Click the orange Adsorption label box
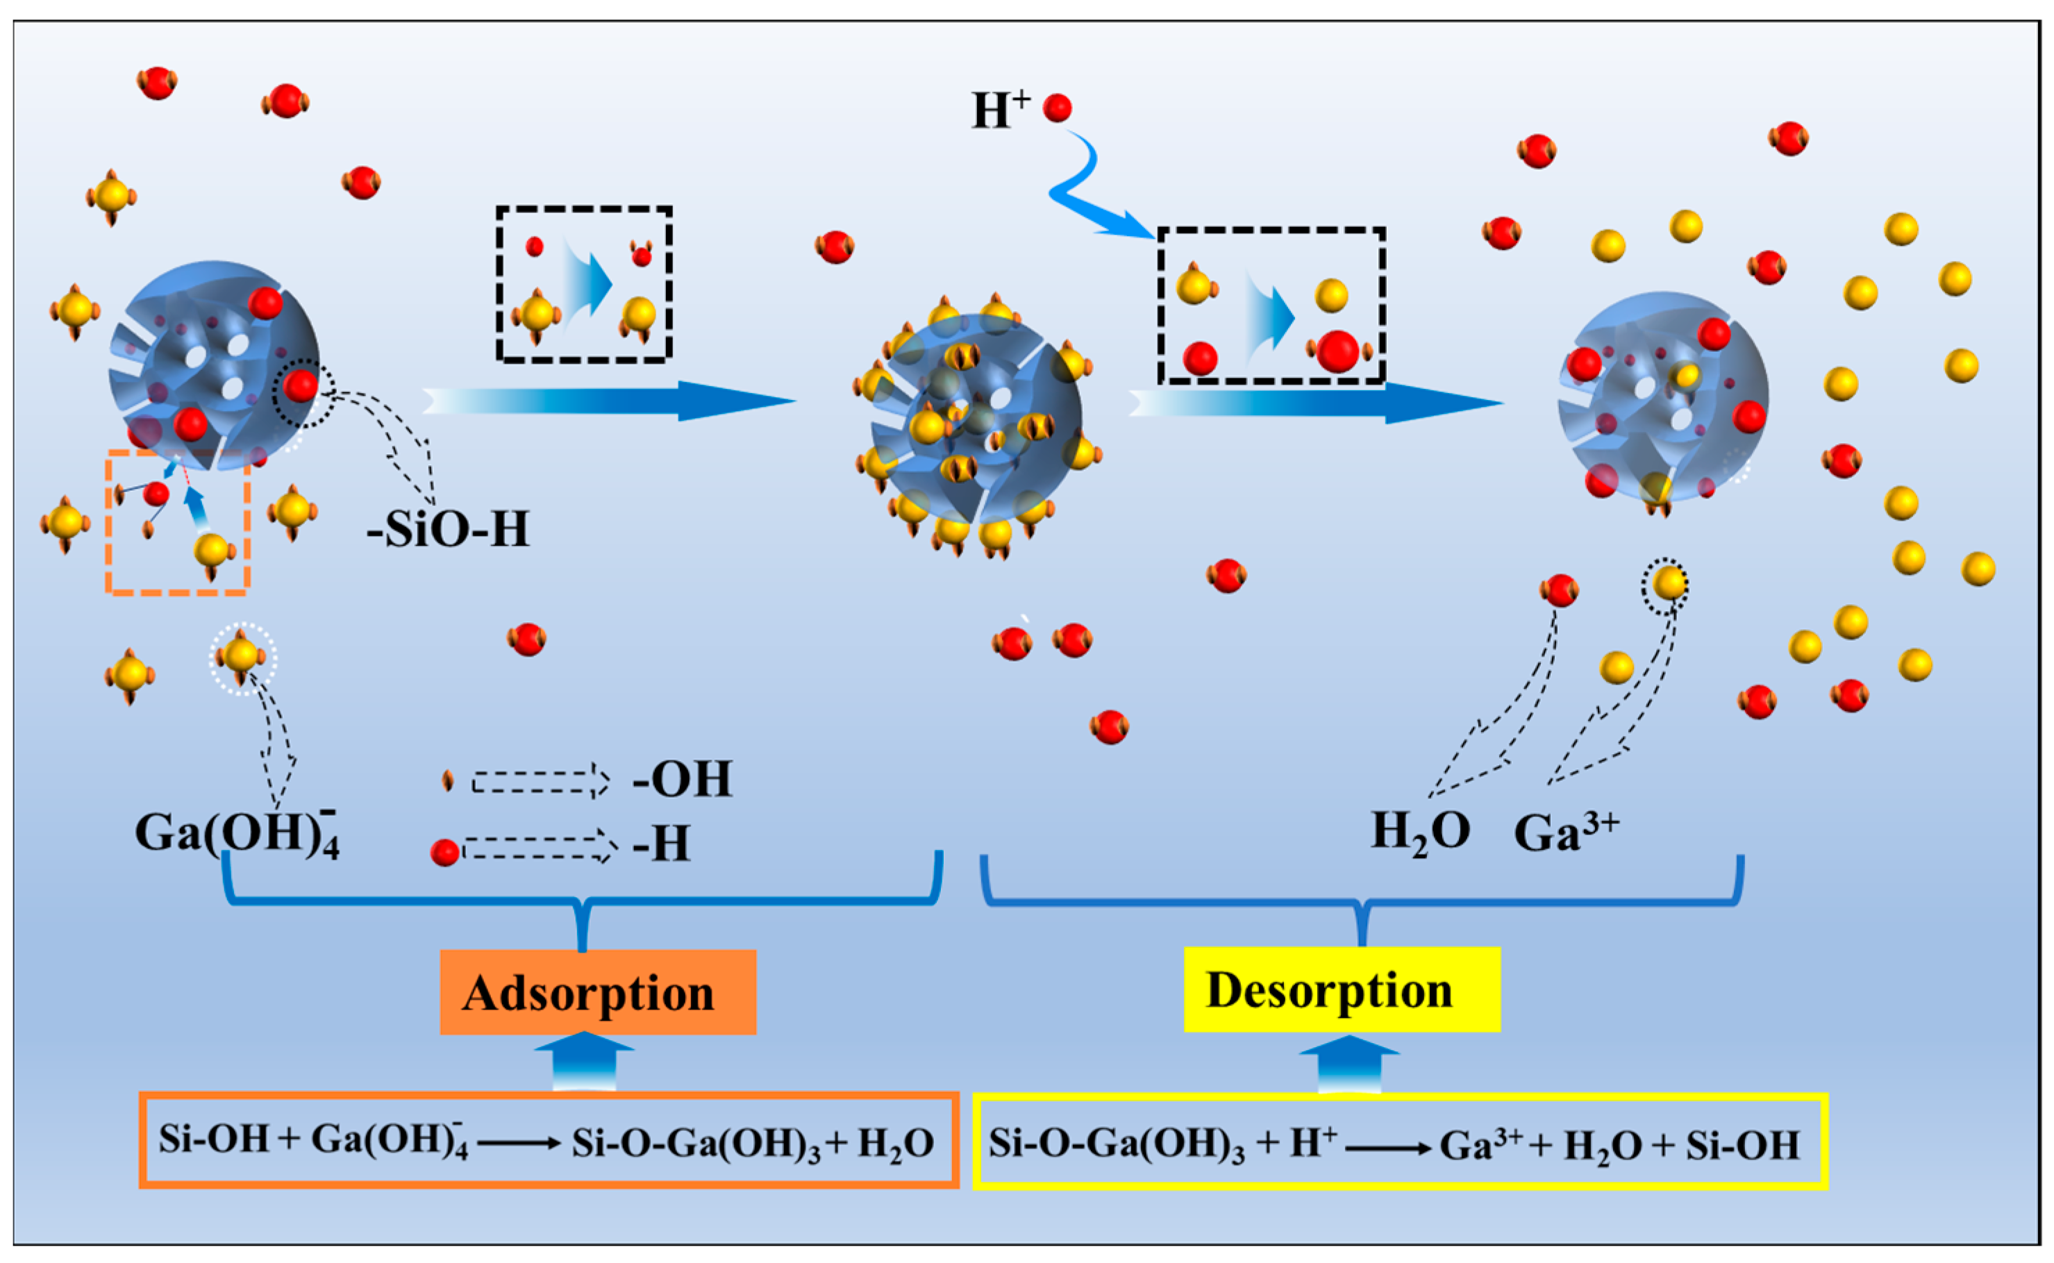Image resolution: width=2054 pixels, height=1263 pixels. [x=597, y=992]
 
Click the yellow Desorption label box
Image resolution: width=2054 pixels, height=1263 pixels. [x=1342, y=990]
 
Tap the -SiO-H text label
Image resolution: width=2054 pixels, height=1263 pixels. [x=449, y=529]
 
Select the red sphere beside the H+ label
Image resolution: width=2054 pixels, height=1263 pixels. [x=1058, y=108]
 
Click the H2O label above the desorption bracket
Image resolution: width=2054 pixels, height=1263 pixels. [x=1420, y=833]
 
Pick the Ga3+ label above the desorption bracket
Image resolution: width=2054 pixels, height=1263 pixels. [x=1565, y=833]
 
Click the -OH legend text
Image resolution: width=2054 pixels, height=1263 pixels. [x=683, y=779]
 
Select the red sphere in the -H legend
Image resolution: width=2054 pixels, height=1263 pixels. [x=444, y=853]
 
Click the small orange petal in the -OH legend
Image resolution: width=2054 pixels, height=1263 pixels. [x=448, y=780]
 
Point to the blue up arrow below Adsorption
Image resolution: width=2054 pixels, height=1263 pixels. [x=584, y=1062]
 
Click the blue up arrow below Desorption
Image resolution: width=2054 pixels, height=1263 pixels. [x=1349, y=1064]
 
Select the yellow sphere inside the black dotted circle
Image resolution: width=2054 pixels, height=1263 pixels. [x=1669, y=583]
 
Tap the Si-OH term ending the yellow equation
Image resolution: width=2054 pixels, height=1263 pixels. [x=1742, y=1145]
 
